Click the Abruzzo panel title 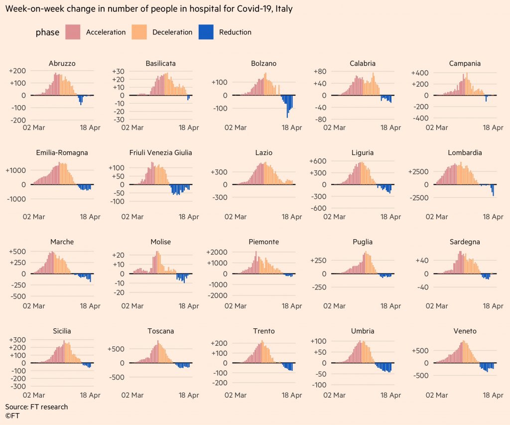pyautogui.click(x=62, y=64)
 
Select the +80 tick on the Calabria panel pyautogui.click(x=319, y=71)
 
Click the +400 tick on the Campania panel pyautogui.click(x=419, y=73)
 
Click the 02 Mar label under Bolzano pyautogui.click(x=236, y=128)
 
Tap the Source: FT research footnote pyautogui.click(x=36, y=407)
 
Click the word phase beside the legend pyautogui.click(x=47, y=33)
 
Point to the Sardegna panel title pyautogui.click(x=465, y=242)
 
